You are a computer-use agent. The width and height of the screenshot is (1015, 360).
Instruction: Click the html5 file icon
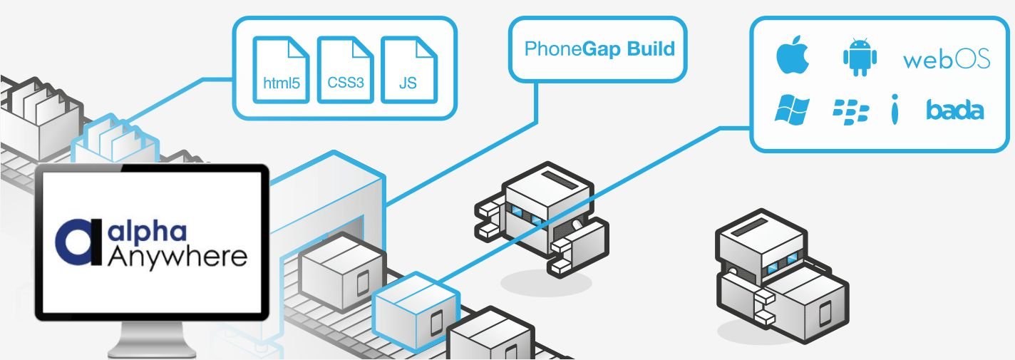tap(282, 69)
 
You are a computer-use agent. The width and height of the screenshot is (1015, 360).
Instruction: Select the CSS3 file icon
tap(346, 69)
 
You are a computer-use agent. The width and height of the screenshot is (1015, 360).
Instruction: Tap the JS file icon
tap(408, 69)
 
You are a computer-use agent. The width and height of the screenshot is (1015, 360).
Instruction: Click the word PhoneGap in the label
tap(553, 49)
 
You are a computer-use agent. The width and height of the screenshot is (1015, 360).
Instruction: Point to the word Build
tap(651, 49)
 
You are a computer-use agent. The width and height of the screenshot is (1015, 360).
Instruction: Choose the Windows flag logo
tap(792, 110)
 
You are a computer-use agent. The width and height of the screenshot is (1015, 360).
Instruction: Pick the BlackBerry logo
tap(851, 110)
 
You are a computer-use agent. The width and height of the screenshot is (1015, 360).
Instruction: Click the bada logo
tap(955, 110)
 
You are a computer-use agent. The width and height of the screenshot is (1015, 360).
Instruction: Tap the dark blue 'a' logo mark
tap(77, 242)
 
